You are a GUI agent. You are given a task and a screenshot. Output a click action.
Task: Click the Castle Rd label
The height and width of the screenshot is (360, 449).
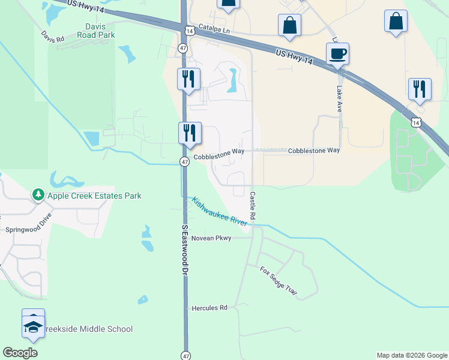(253, 205)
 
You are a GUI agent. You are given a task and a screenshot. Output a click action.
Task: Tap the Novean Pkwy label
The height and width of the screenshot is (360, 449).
(211, 238)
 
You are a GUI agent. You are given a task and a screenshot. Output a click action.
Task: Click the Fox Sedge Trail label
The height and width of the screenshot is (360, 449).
(279, 281)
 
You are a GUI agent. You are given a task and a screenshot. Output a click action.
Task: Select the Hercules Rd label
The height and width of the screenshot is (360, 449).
(209, 308)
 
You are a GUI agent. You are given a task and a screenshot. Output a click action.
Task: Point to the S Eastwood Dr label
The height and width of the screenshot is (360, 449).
(185, 250)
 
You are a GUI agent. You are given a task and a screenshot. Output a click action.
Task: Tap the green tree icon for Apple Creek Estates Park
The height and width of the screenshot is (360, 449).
(38, 195)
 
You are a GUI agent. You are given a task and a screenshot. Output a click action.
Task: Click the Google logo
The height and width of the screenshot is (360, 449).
(20, 353)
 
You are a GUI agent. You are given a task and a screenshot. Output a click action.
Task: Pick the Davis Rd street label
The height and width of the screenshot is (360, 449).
(53, 37)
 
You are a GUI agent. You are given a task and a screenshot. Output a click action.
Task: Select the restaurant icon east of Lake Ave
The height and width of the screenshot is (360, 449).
(419, 89)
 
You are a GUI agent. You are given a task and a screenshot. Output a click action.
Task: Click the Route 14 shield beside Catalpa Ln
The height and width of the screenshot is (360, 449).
(189, 30)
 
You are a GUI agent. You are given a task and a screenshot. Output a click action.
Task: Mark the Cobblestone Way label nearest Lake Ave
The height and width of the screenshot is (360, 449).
(314, 151)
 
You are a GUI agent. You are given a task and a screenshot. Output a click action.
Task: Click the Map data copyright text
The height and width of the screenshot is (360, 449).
(412, 355)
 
